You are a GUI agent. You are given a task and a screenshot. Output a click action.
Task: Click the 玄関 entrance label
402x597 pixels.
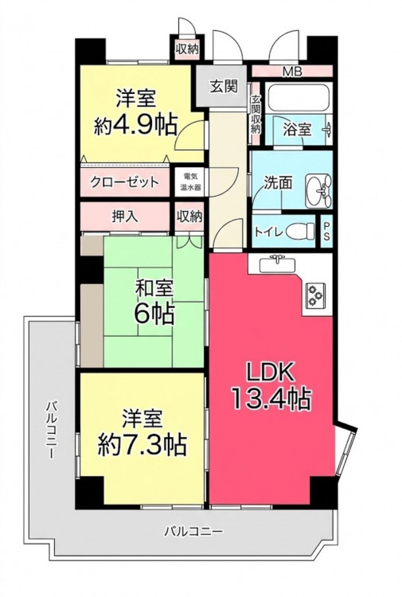coord(224,87)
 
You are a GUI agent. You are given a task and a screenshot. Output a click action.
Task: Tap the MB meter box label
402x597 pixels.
coord(292,71)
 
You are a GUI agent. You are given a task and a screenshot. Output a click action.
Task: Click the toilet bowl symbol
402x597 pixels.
coord(300,230)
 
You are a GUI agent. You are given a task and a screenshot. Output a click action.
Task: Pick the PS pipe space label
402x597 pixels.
coord(326,231)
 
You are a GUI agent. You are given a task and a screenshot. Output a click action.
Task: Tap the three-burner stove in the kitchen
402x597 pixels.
coord(315,295)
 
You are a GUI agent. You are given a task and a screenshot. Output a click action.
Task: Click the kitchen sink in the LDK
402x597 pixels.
coord(277,263)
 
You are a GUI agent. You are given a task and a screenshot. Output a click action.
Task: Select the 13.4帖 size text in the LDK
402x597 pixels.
coord(271,398)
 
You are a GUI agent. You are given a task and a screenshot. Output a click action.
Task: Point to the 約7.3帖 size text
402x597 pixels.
coord(142,445)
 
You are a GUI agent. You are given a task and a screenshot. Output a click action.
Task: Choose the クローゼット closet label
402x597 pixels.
coord(124,182)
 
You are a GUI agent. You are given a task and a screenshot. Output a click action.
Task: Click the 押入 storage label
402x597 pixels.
coord(125,216)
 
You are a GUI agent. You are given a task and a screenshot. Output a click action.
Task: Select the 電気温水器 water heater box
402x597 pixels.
coord(190,181)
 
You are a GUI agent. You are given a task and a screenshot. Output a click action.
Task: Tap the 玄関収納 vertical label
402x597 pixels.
coord(255,113)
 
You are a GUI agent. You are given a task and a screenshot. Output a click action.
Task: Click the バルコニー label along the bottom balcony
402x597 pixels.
coord(193,531)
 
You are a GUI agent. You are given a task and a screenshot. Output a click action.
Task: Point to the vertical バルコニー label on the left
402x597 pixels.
coord(52,430)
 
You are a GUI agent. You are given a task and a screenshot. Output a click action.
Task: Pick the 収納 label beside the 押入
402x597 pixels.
coord(189,217)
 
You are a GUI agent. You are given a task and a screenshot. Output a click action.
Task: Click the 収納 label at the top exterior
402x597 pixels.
coord(187,49)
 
